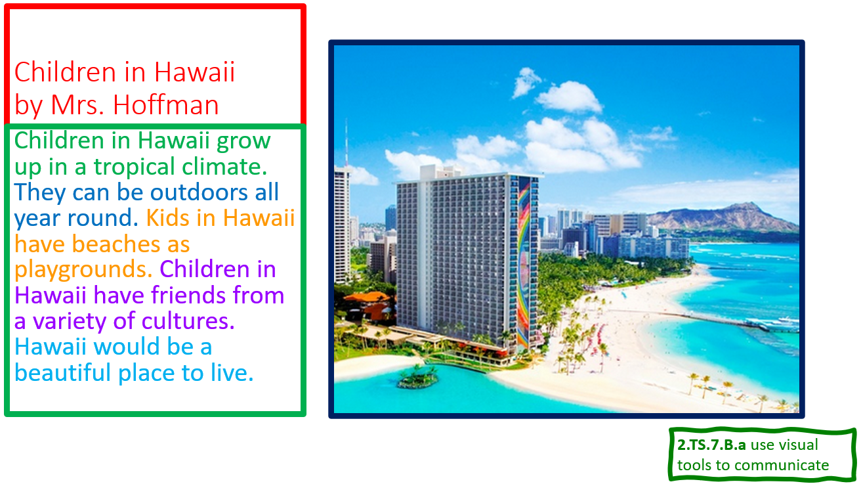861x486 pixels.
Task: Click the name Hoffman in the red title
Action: tap(165, 104)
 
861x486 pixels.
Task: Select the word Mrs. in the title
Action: tap(77, 104)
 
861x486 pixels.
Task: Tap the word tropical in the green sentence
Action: tap(134, 167)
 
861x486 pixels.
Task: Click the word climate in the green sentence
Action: tap(224, 166)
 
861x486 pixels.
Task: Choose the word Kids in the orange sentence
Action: tap(167, 218)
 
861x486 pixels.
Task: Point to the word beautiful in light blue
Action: tap(62, 372)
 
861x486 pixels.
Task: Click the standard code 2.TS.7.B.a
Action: tap(711, 445)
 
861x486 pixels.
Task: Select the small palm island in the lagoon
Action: tap(417, 377)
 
